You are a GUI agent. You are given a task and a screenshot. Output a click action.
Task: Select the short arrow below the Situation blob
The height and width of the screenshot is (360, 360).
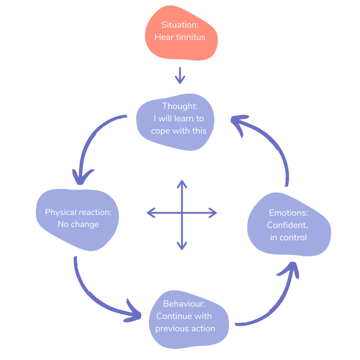(180, 76)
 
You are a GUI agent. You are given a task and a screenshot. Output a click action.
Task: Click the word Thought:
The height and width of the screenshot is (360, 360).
(180, 106)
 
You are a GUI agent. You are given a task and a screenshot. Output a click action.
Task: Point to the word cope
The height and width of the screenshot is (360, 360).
(160, 131)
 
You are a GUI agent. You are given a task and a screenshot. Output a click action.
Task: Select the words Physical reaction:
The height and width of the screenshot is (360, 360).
(78, 212)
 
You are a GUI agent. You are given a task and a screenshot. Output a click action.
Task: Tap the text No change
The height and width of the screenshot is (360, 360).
(78, 224)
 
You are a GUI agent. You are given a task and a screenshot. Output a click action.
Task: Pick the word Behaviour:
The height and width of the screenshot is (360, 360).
(184, 304)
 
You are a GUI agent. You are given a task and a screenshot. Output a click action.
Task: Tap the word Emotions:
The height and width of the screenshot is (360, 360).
(289, 213)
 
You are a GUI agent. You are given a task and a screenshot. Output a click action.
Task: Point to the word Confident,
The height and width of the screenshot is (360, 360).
(287, 225)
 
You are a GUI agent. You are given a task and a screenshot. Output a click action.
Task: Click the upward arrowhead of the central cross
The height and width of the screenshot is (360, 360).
(182, 184)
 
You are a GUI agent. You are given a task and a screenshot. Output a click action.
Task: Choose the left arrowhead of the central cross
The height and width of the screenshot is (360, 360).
(151, 213)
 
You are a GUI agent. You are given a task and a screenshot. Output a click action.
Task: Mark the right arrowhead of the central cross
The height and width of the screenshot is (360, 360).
(213, 213)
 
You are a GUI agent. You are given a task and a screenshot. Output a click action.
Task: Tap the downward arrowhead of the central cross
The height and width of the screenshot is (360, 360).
(182, 246)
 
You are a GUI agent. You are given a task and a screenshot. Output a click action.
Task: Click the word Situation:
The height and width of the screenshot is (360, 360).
(180, 25)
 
